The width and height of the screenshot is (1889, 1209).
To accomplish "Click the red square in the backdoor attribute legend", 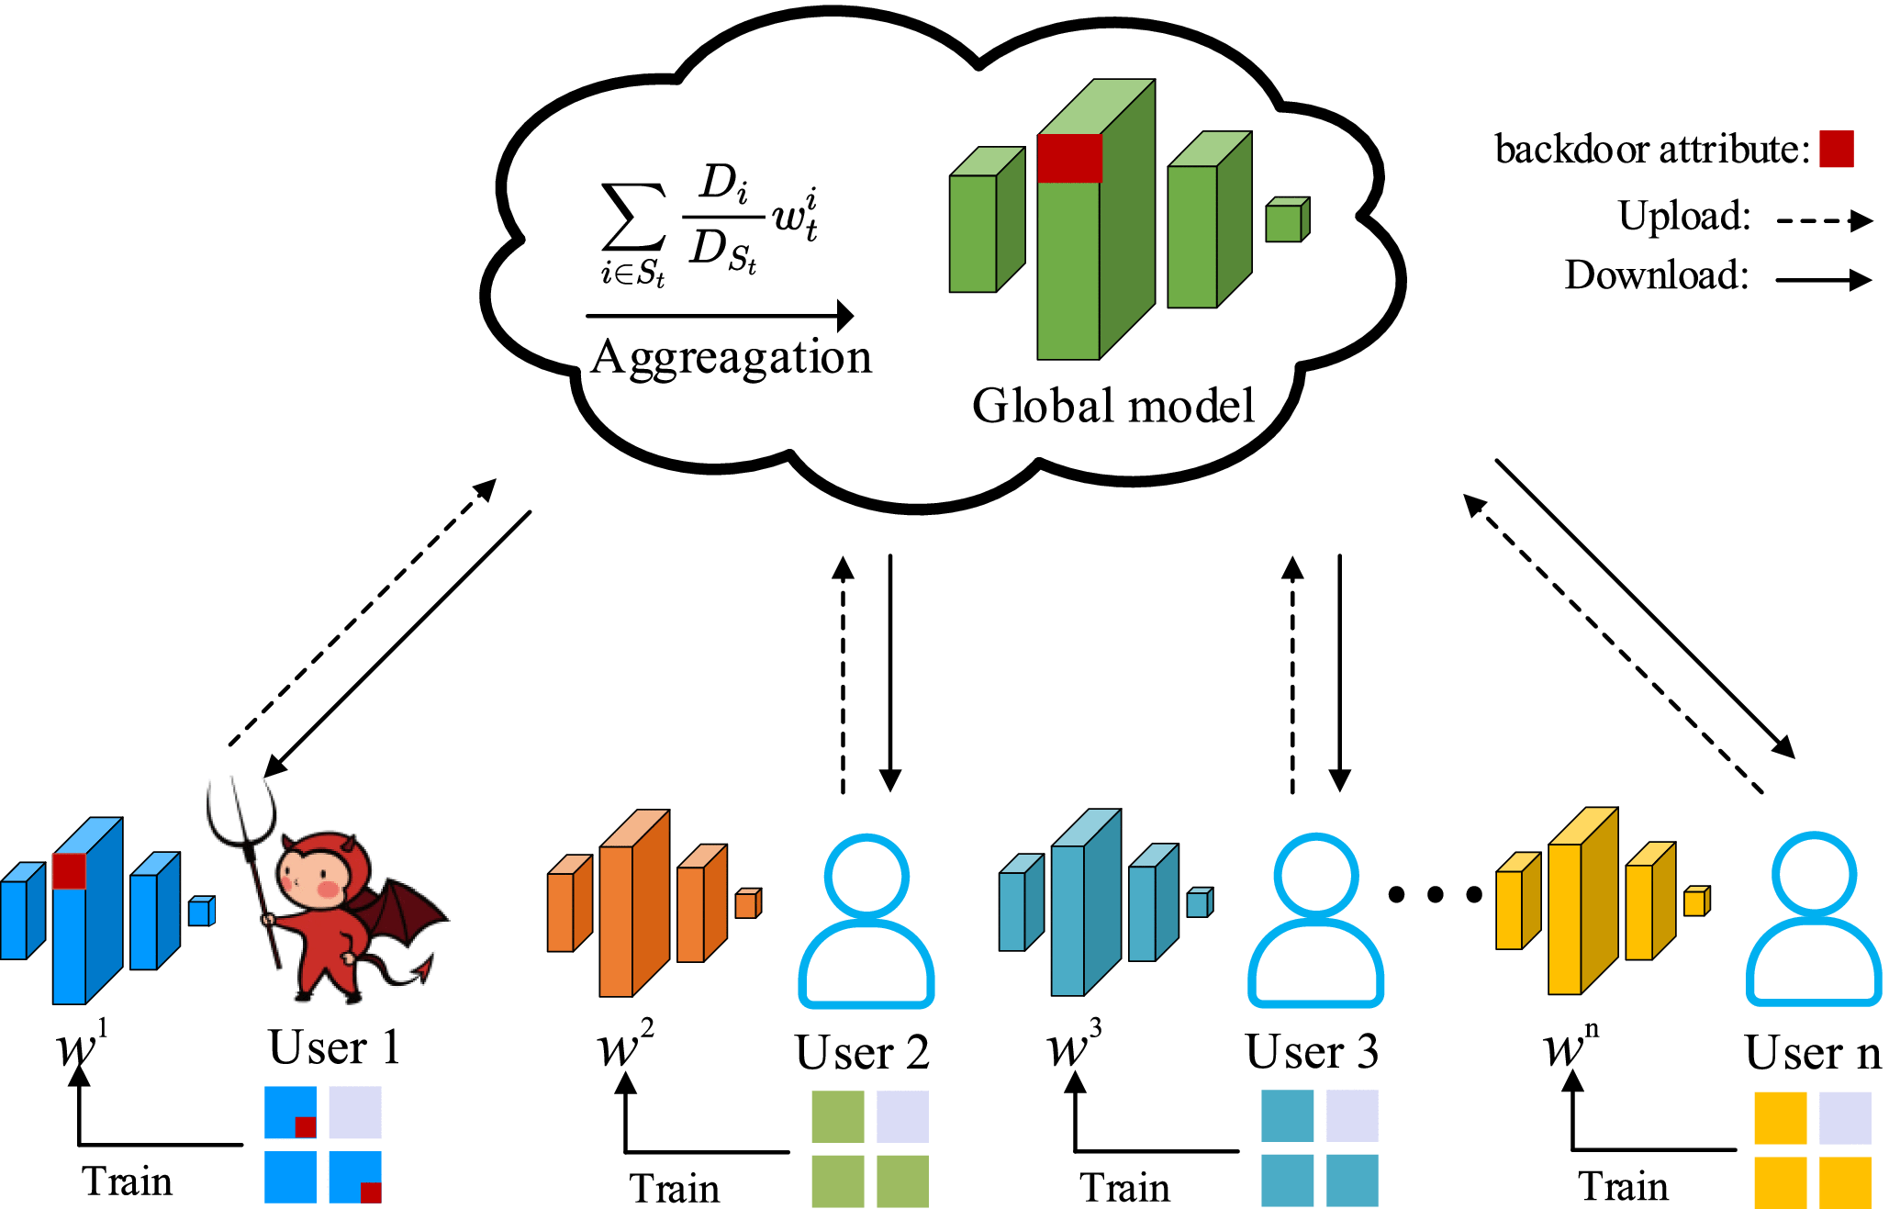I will coord(1837,149).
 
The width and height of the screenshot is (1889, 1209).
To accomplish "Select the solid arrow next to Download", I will coord(1823,279).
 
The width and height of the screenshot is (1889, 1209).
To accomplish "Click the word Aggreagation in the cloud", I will coord(732,358).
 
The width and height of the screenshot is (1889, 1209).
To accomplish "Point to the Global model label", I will coord(1112,406).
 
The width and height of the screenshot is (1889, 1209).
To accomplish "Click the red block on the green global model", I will coord(1069,158).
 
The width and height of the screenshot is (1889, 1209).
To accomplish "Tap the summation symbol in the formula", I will coord(632,217).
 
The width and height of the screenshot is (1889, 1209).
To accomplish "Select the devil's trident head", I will coord(240,808).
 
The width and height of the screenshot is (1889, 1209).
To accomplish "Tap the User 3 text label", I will coord(1312,1052).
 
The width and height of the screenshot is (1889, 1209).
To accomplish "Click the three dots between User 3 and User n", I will coord(1435,894).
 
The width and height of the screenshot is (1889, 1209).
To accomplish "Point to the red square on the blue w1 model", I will coord(69,871).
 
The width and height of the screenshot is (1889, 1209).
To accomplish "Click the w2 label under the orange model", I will coord(624,1047).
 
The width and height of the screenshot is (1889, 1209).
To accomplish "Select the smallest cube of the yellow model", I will coord(1695,901).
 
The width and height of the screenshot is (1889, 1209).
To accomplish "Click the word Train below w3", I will coord(1124,1188).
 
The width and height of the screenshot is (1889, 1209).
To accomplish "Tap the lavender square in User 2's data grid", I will coord(902,1116).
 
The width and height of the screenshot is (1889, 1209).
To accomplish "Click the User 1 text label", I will coord(334,1047).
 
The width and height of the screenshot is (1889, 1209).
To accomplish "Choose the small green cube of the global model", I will coord(1286,220).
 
